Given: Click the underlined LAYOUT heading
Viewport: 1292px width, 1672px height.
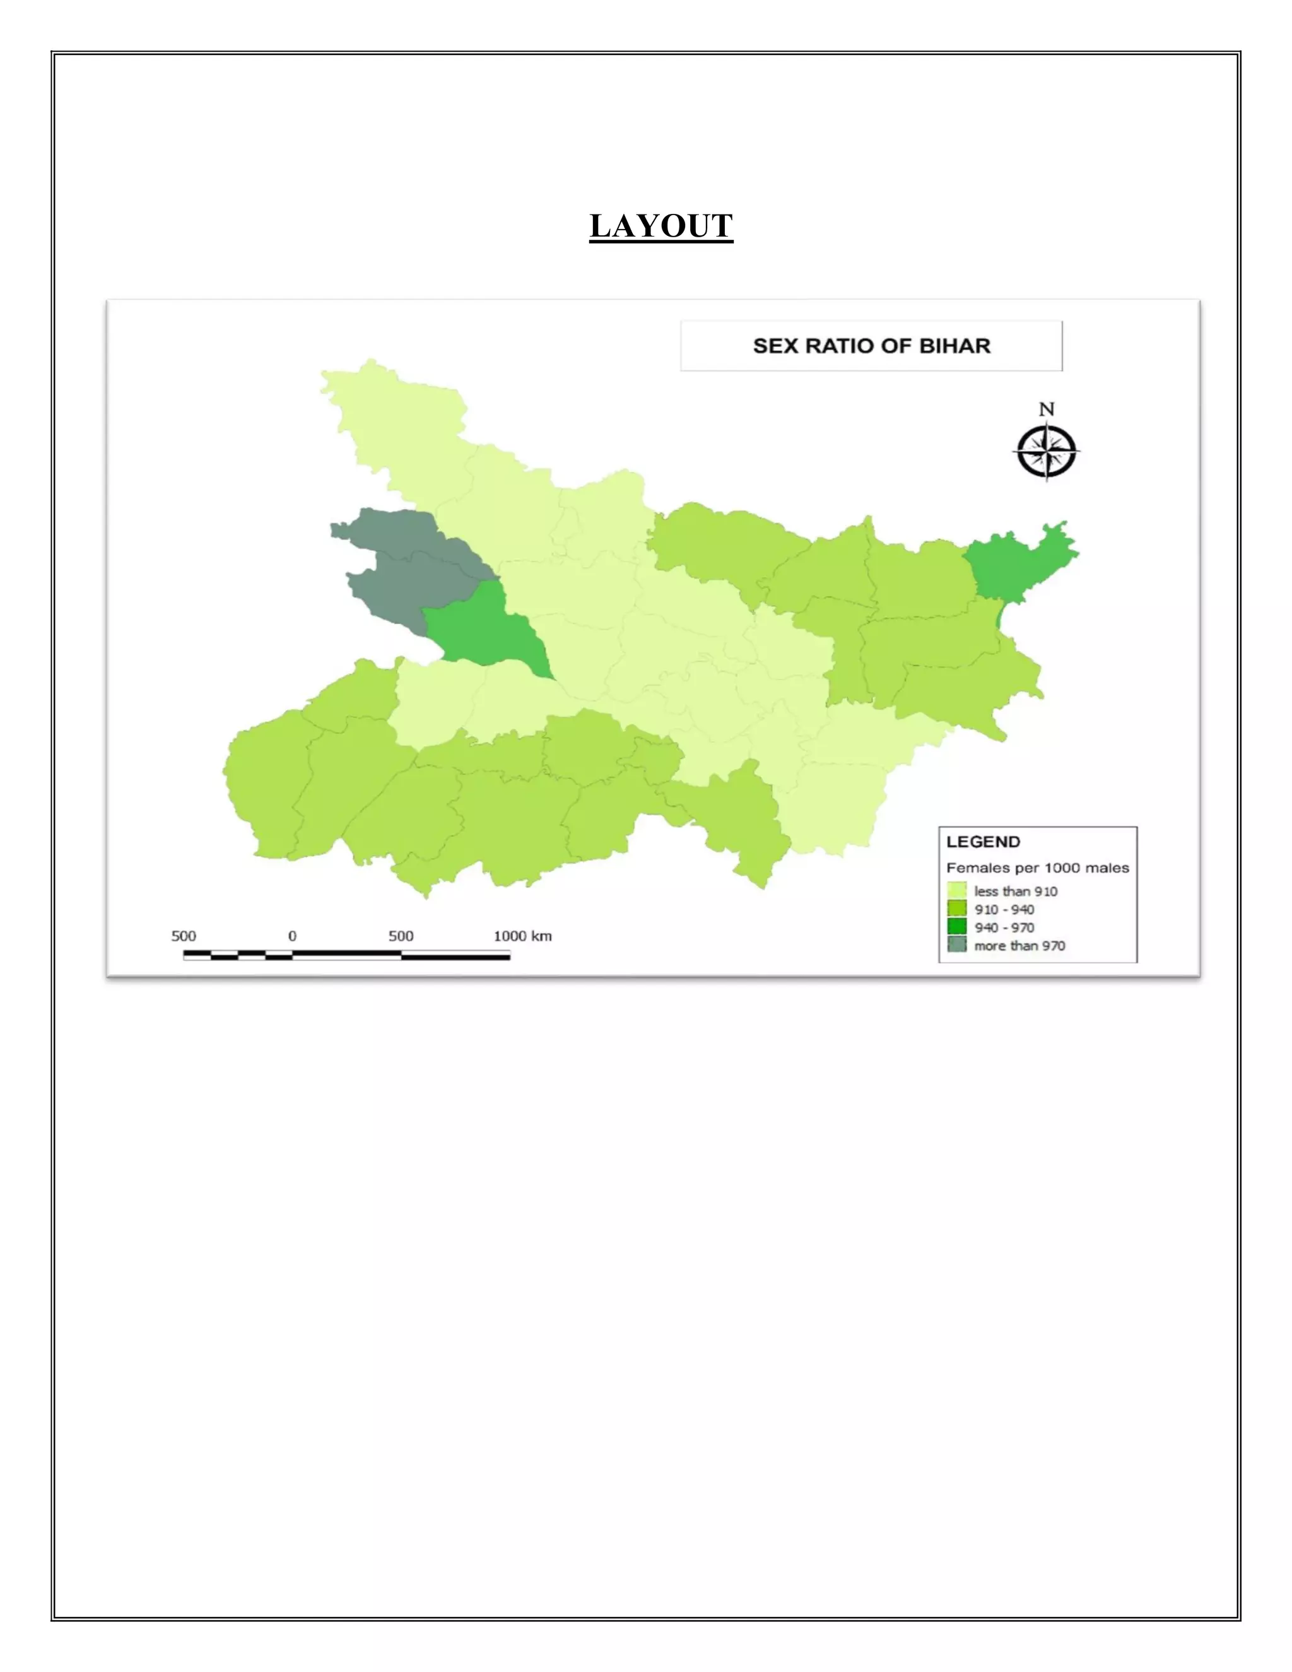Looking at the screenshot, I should (661, 227).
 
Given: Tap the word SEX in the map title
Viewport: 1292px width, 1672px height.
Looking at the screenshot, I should (776, 346).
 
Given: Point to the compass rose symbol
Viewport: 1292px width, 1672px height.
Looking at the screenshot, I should (1047, 452).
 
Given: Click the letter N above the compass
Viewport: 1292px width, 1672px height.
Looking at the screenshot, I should (1047, 409).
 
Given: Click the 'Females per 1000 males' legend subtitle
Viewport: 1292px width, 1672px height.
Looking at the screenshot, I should (1037, 868).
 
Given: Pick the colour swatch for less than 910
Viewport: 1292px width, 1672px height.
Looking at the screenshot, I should (957, 891).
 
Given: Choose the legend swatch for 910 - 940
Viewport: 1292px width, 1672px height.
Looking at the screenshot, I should (957, 909).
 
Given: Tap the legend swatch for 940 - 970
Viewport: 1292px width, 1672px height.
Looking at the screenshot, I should (957, 927).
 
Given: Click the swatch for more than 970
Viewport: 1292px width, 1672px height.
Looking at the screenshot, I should (957, 946).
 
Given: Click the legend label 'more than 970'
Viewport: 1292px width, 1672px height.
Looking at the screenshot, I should (1019, 946).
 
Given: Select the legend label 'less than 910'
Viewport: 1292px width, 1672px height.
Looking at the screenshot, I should (1015, 891).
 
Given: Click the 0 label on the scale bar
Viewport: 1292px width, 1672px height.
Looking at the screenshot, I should (292, 936).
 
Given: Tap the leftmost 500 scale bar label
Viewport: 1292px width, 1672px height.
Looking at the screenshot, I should (184, 936).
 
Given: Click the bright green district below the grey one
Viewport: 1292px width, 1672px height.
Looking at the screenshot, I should (482, 632).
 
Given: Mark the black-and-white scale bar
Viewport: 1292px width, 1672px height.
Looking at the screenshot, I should (347, 955).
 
